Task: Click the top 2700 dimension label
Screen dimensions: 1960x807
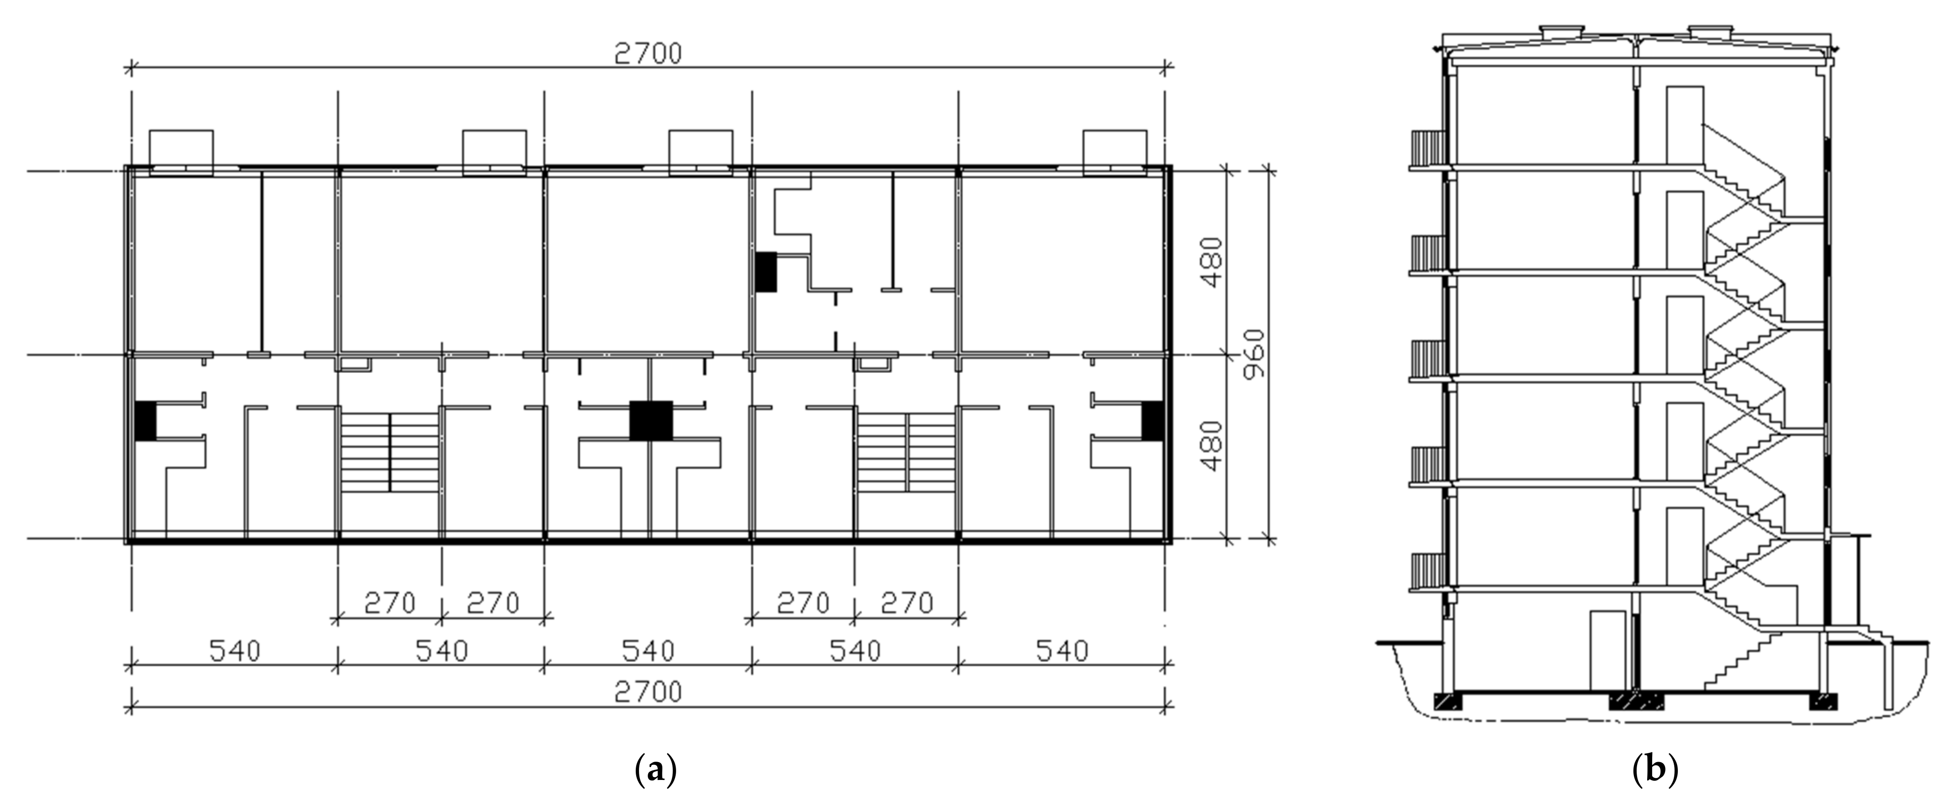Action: click(x=648, y=53)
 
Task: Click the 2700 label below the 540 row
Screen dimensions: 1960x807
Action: click(x=648, y=692)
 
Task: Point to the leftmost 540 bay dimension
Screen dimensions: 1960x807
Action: click(x=234, y=651)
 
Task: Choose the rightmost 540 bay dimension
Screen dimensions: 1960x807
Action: click(x=1062, y=651)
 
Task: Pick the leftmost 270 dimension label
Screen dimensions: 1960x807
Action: click(x=389, y=603)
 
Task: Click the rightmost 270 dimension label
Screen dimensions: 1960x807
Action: click(x=907, y=603)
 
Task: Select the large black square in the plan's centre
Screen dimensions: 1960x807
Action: click(x=651, y=420)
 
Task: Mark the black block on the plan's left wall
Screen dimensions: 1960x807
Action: click(x=145, y=420)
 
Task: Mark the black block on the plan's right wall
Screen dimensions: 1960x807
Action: click(x=1153, y=420)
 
